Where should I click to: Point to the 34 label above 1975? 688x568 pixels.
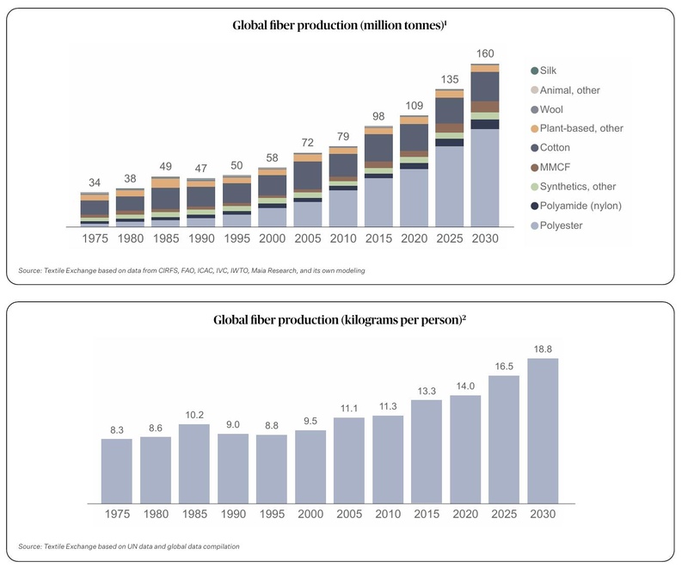(x=94, y=183)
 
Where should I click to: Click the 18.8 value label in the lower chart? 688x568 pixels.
(x=543, y=349)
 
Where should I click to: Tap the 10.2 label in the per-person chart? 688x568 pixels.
(x=194, y=416)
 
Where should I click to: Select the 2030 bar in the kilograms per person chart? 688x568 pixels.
(x=543, y=430)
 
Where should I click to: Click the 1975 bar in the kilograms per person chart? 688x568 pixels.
(x=117, y=471)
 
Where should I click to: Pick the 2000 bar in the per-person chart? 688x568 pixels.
(x=310, y=466)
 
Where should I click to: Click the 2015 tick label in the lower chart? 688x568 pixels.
(x=427, y=514)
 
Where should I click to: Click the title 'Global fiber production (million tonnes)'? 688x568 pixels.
(x=337, y=26)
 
